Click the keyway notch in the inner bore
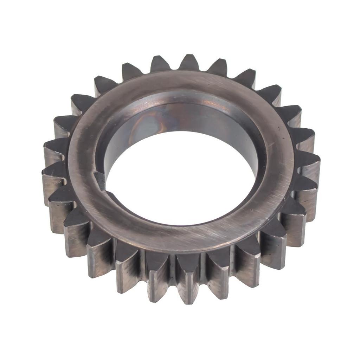tap(100, 180)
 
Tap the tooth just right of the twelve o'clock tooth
tap(217, 67)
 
